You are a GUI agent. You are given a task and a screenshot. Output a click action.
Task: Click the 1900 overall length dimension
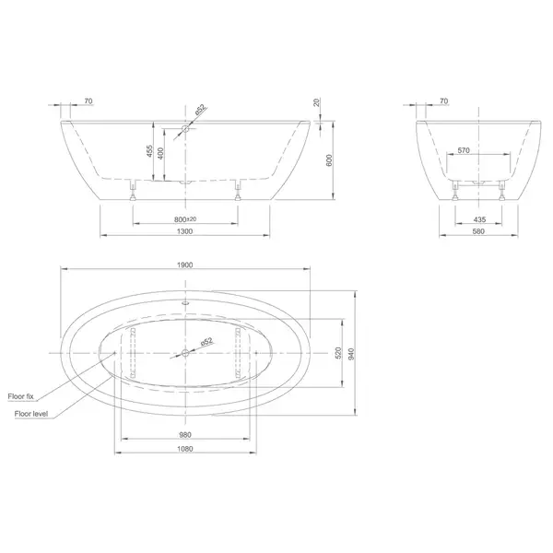[x=185, y=265]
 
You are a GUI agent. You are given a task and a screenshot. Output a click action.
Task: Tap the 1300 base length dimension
[x=185, y=231]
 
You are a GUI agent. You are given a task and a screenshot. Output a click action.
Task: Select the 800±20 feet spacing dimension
[x=185, y=219]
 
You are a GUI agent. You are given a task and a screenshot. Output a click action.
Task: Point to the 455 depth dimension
[x=149, y=151]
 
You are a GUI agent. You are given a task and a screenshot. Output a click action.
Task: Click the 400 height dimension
[x=160, y=153]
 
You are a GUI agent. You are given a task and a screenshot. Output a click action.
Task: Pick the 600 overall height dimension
[x=329, y=160]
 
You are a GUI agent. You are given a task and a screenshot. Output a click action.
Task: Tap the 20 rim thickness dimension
[x=317, y=102]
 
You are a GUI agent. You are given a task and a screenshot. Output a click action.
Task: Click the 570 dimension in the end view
[x=464, y=150]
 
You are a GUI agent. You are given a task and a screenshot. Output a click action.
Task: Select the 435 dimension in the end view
[x=479, y=219]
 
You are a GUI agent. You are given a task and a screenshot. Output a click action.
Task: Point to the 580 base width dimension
[x=478, y=231]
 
